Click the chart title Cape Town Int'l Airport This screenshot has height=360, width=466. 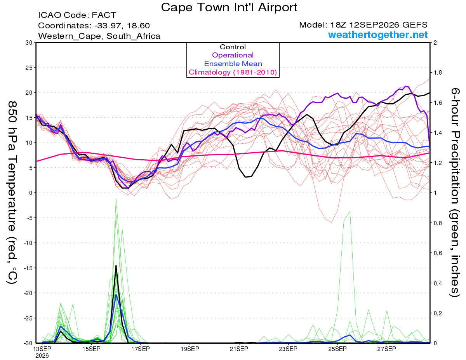(229, 7)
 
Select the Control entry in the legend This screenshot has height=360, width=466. (233, 47)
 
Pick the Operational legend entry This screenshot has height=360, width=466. (233, 55)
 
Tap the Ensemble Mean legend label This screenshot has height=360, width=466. (233, 63)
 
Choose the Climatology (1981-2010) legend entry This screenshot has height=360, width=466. (233, 72)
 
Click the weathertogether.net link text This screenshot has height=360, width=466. (378, 35)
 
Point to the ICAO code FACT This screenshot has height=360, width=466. (104, 15)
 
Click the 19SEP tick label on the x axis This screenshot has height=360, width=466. (190, 349)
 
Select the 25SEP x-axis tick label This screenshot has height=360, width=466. (337, 349)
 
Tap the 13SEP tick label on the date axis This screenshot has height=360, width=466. (42, 349)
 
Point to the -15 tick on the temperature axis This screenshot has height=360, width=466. (28, 268)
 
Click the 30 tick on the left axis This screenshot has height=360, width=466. (29, 43)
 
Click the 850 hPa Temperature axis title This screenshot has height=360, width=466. (12, 192)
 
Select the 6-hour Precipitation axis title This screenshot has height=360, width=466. (455, 192)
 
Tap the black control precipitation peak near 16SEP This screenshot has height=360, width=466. (116, 266)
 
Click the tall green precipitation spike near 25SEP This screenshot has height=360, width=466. (350, 211)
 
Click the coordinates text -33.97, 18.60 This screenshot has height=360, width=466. (122, 26)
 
